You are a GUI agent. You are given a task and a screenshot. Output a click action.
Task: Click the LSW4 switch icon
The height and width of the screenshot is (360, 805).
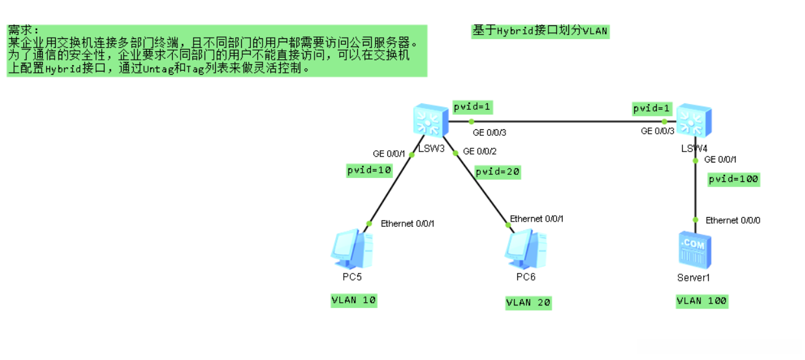pos(694,121)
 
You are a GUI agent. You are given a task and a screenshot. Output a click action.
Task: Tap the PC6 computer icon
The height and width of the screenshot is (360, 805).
pos(525,250)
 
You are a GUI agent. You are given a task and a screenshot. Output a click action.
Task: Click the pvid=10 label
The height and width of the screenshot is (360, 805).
pos(370,170)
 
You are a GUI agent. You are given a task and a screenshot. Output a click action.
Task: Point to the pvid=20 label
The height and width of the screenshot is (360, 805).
pos(498,172)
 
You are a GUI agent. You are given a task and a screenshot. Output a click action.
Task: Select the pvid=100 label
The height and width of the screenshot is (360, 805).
pos(734,179)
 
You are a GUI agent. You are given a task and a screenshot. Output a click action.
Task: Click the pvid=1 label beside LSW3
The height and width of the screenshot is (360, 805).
pos(472,107)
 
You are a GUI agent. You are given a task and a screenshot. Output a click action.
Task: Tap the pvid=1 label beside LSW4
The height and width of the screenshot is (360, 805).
pos(652,109)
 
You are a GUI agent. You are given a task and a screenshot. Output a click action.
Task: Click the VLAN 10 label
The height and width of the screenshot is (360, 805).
pos(353,300)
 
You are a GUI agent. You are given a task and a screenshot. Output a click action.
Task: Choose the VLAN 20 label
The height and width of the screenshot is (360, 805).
pos(528,302)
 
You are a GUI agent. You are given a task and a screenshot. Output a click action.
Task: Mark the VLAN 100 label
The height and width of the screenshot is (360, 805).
pos(702,301)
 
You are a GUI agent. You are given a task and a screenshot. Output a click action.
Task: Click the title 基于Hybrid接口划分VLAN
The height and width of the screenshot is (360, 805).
pos(541,31)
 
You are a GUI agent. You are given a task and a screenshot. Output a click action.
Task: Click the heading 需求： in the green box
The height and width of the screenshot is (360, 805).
pos(24,31)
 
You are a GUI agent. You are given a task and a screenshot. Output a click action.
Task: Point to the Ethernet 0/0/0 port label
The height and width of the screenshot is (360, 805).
pos(733,220)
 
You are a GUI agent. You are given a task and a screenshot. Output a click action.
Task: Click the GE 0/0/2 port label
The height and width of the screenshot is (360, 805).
pos(479,152)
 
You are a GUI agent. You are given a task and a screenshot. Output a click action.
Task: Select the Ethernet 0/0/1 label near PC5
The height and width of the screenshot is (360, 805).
pos(407,224)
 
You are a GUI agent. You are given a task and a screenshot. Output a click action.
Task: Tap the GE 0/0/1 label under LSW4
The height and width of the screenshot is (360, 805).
pos(721,159)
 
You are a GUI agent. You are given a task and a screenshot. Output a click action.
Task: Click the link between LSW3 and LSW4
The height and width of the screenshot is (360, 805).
pos(565,122)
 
